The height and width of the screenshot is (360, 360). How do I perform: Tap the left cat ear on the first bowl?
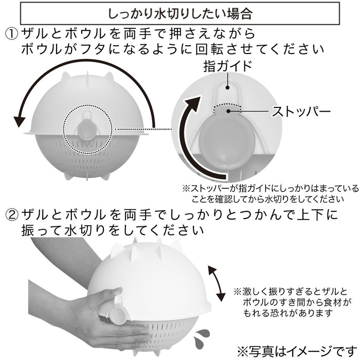[x=68, y=78]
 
